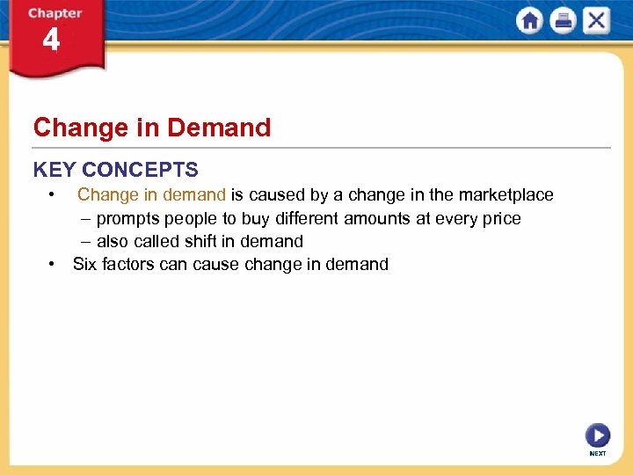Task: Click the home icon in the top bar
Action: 530,21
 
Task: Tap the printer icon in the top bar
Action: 563,21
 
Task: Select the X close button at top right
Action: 596,21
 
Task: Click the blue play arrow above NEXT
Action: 597,435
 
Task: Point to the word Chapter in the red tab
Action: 55,13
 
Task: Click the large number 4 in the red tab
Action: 51,40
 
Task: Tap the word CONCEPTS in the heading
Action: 143,170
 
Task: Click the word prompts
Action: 128,218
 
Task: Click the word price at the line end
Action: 501,218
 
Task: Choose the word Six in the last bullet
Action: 85,264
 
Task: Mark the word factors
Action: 129,264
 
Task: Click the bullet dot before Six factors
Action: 54,264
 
